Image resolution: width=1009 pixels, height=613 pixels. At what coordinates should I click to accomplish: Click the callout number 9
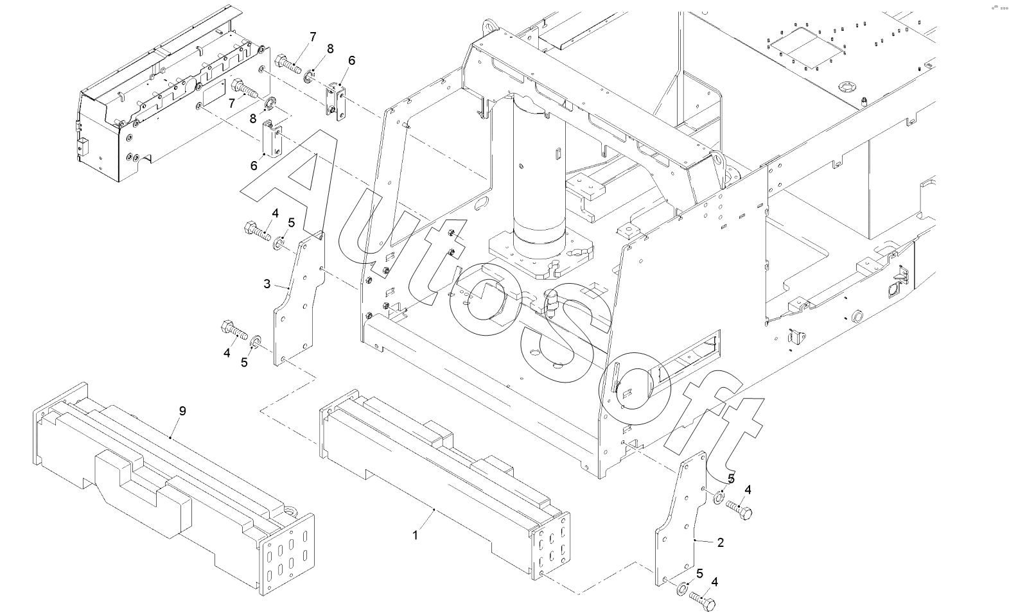click(182, 411)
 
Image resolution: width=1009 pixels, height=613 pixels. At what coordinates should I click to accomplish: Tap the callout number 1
click(416, 535)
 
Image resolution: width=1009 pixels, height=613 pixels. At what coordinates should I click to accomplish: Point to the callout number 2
click(720, 543)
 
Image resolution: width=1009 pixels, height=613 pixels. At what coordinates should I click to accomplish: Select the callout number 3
click(267, 284)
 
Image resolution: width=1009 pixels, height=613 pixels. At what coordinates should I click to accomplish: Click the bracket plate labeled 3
click(299, 298)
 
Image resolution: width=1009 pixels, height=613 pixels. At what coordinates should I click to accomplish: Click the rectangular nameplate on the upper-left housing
click(213, 94)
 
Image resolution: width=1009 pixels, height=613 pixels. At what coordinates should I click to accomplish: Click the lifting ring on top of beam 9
click(289, 512)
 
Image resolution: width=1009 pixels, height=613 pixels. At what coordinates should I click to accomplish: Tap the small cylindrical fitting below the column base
click(550, 302)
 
